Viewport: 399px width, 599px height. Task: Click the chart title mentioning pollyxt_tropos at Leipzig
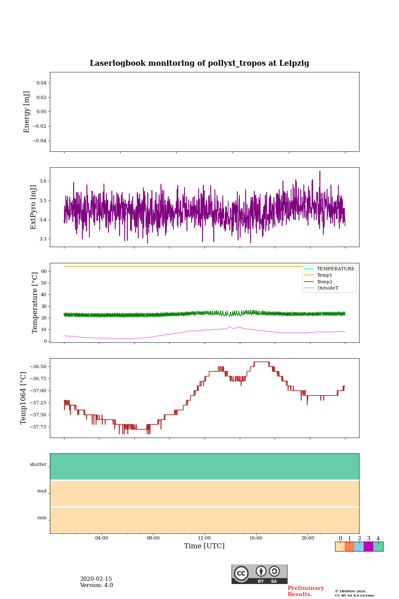tap(199, 63)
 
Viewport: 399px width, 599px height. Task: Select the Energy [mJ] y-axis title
tap(27, 112)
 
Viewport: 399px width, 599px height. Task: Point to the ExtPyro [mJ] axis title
tap(34, 207)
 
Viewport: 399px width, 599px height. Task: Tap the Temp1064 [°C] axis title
tap(24, 398)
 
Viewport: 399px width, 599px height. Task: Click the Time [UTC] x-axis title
tap(204, 546)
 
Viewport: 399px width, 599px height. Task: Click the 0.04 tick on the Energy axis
tap(41, 83)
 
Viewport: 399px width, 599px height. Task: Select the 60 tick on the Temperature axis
tap(43, 271)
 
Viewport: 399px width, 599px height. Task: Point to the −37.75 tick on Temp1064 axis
tap(37, 427)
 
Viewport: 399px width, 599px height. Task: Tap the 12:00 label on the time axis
tap(204, 538)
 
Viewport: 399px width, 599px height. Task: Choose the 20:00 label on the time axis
tap(308, 538)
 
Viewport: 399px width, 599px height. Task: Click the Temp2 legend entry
tap(325, 282)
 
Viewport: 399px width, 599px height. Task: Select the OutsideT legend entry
tap(328, 288)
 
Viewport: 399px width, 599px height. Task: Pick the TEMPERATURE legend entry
tap(335, 269)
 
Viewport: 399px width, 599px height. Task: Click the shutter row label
tap(38, 465)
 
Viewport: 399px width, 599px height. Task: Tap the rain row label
tap(42, 518)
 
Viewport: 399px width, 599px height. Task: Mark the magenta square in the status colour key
tap(368, 547)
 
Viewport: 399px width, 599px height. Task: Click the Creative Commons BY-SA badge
tap(259, 574)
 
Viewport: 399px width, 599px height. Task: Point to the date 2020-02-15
tap(96, 579)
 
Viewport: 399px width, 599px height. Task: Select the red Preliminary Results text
tap(305, 591)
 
